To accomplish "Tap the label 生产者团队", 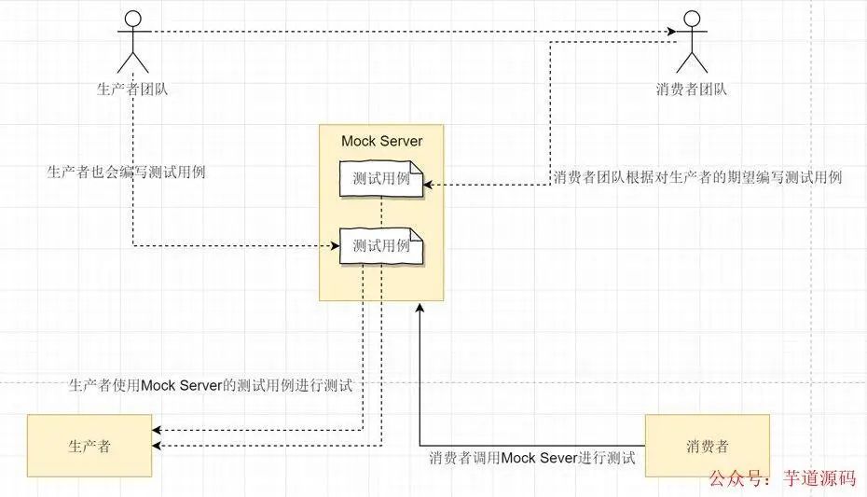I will [133, 90].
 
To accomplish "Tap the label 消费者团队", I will [691, 90].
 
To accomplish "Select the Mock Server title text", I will [381, 142].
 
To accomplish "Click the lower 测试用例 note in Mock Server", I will [381, 246].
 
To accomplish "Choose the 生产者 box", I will [89, 446].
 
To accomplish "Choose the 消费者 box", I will [708, 446].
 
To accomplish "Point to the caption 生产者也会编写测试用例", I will [126, 173].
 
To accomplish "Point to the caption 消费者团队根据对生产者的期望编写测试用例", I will [697, 177].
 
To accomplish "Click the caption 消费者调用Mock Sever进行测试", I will [532, 459].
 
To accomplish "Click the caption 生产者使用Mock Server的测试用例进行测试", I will [211, 384].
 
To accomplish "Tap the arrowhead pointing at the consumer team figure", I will [674, 34].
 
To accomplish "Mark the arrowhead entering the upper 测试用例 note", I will [430, 185].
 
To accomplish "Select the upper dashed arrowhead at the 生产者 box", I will [158, 430].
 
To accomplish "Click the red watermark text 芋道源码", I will [820, 479].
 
